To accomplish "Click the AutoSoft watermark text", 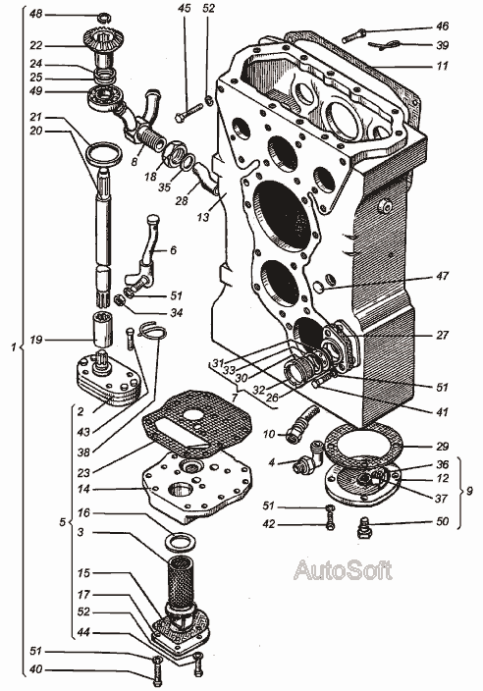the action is [x=343, y=570].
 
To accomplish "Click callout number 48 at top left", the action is [x=36, y=14].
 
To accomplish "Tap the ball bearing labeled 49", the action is [x=107, y=99].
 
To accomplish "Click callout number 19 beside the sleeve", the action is [x=36, y=341].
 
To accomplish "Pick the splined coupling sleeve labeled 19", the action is [x=103, y=329].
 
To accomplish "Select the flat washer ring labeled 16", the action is [x=180, y=541].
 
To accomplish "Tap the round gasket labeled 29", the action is [x=362, y=444].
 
